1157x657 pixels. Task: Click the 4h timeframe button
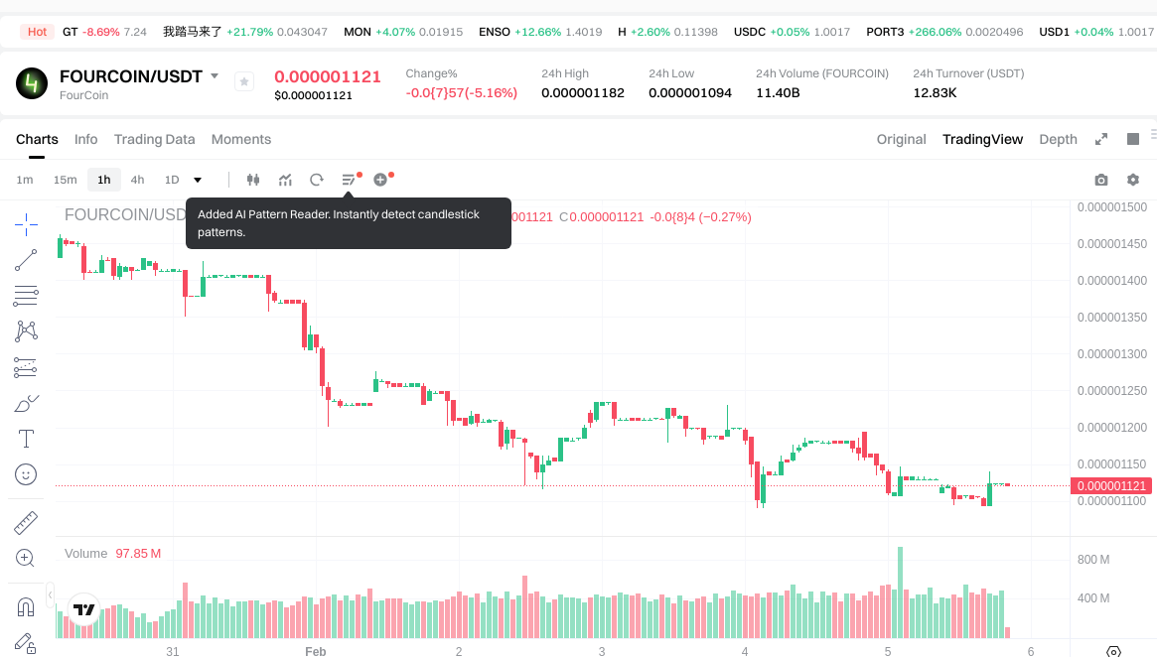coord(137,180)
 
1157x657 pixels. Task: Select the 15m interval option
coord(65,180)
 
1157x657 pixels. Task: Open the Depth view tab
coord(1058,139)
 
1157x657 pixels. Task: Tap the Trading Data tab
coord(154,139)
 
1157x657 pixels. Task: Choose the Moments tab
coord(241,139)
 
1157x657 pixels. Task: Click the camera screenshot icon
coord(1100,180)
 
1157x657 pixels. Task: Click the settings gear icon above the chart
coord(1133,180)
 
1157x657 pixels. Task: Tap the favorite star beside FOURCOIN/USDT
coord(244,81)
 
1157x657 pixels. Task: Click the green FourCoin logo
coord(32,83)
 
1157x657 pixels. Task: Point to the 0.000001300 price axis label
coord(1112,354)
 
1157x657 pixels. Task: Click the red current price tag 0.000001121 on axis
coord(1111,485)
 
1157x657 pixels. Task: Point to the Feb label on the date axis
coord(315,651)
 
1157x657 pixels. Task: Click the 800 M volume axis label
coord(1093,560)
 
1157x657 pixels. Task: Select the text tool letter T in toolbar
coord(26,438)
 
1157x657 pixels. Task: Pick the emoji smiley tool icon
coord(26,474)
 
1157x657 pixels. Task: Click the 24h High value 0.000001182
coord(583,93)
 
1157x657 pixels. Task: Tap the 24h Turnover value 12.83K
coord(935,93)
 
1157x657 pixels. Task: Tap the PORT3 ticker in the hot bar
coord(885,32)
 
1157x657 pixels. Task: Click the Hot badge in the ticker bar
coord(38,32)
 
